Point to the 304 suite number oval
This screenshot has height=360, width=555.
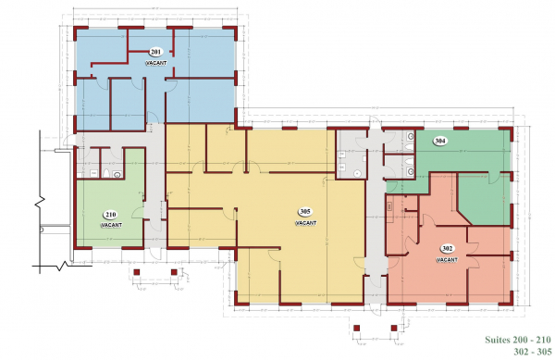coord(440,142)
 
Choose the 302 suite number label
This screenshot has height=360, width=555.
coord(447,249)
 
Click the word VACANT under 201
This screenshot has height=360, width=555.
coord(156,62)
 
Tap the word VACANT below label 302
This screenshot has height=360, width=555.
coord(447,259)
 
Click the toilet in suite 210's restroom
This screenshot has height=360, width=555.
coord(106,173)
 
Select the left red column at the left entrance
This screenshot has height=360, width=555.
coord(137,272)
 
